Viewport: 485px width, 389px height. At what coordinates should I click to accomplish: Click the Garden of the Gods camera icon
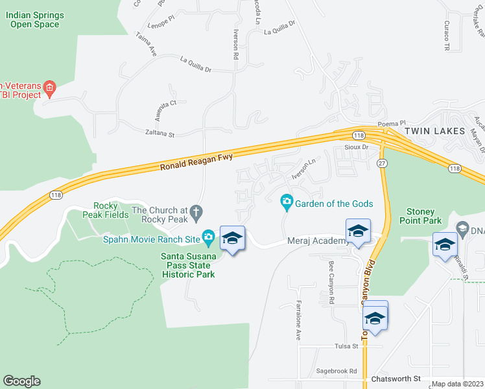click(287, 204)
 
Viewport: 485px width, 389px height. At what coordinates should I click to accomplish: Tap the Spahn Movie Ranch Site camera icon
click(208, 239)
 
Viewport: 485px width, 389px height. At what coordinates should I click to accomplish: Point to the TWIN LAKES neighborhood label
click(435, 131)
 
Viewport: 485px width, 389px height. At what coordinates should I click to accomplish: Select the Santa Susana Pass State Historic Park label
click(188, 265)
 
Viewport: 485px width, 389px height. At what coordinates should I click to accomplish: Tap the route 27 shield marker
click(383, 164)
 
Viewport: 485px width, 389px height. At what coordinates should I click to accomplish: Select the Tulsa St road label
click(346, 347)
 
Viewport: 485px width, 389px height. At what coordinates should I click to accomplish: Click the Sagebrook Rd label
click(337, 371)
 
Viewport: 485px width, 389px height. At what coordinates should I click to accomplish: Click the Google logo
click(21, 381)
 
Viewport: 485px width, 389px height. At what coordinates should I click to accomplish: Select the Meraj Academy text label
click(316, 241)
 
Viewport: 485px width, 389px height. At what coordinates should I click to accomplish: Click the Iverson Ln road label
click(307, 171)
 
